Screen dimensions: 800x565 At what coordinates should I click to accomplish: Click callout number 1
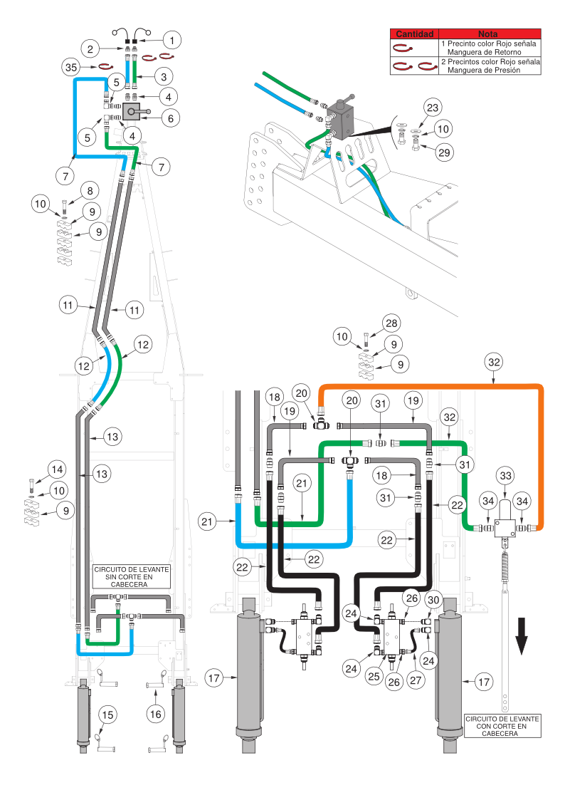(x=172, y=38)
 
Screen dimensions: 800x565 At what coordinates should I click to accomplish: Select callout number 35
(x=70, y=68)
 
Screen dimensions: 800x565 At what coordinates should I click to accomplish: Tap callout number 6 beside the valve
(x=169, y=118)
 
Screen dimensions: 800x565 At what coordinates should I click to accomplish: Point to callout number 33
(x=505, y=474)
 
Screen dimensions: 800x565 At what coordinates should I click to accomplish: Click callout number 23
(x=433, y=108)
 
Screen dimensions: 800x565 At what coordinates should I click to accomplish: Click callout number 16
(x=157, y=713)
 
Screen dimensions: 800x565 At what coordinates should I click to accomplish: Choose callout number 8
(x=89, y=191)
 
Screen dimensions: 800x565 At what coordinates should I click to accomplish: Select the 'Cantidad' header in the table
(x=414, y=33)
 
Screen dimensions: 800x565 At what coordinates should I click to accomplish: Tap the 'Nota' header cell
(x=490, y=33)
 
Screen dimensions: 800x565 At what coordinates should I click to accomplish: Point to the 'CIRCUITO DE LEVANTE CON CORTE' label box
(x=501, y=726)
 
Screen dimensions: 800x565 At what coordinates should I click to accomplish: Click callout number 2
(x=90, y=49)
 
